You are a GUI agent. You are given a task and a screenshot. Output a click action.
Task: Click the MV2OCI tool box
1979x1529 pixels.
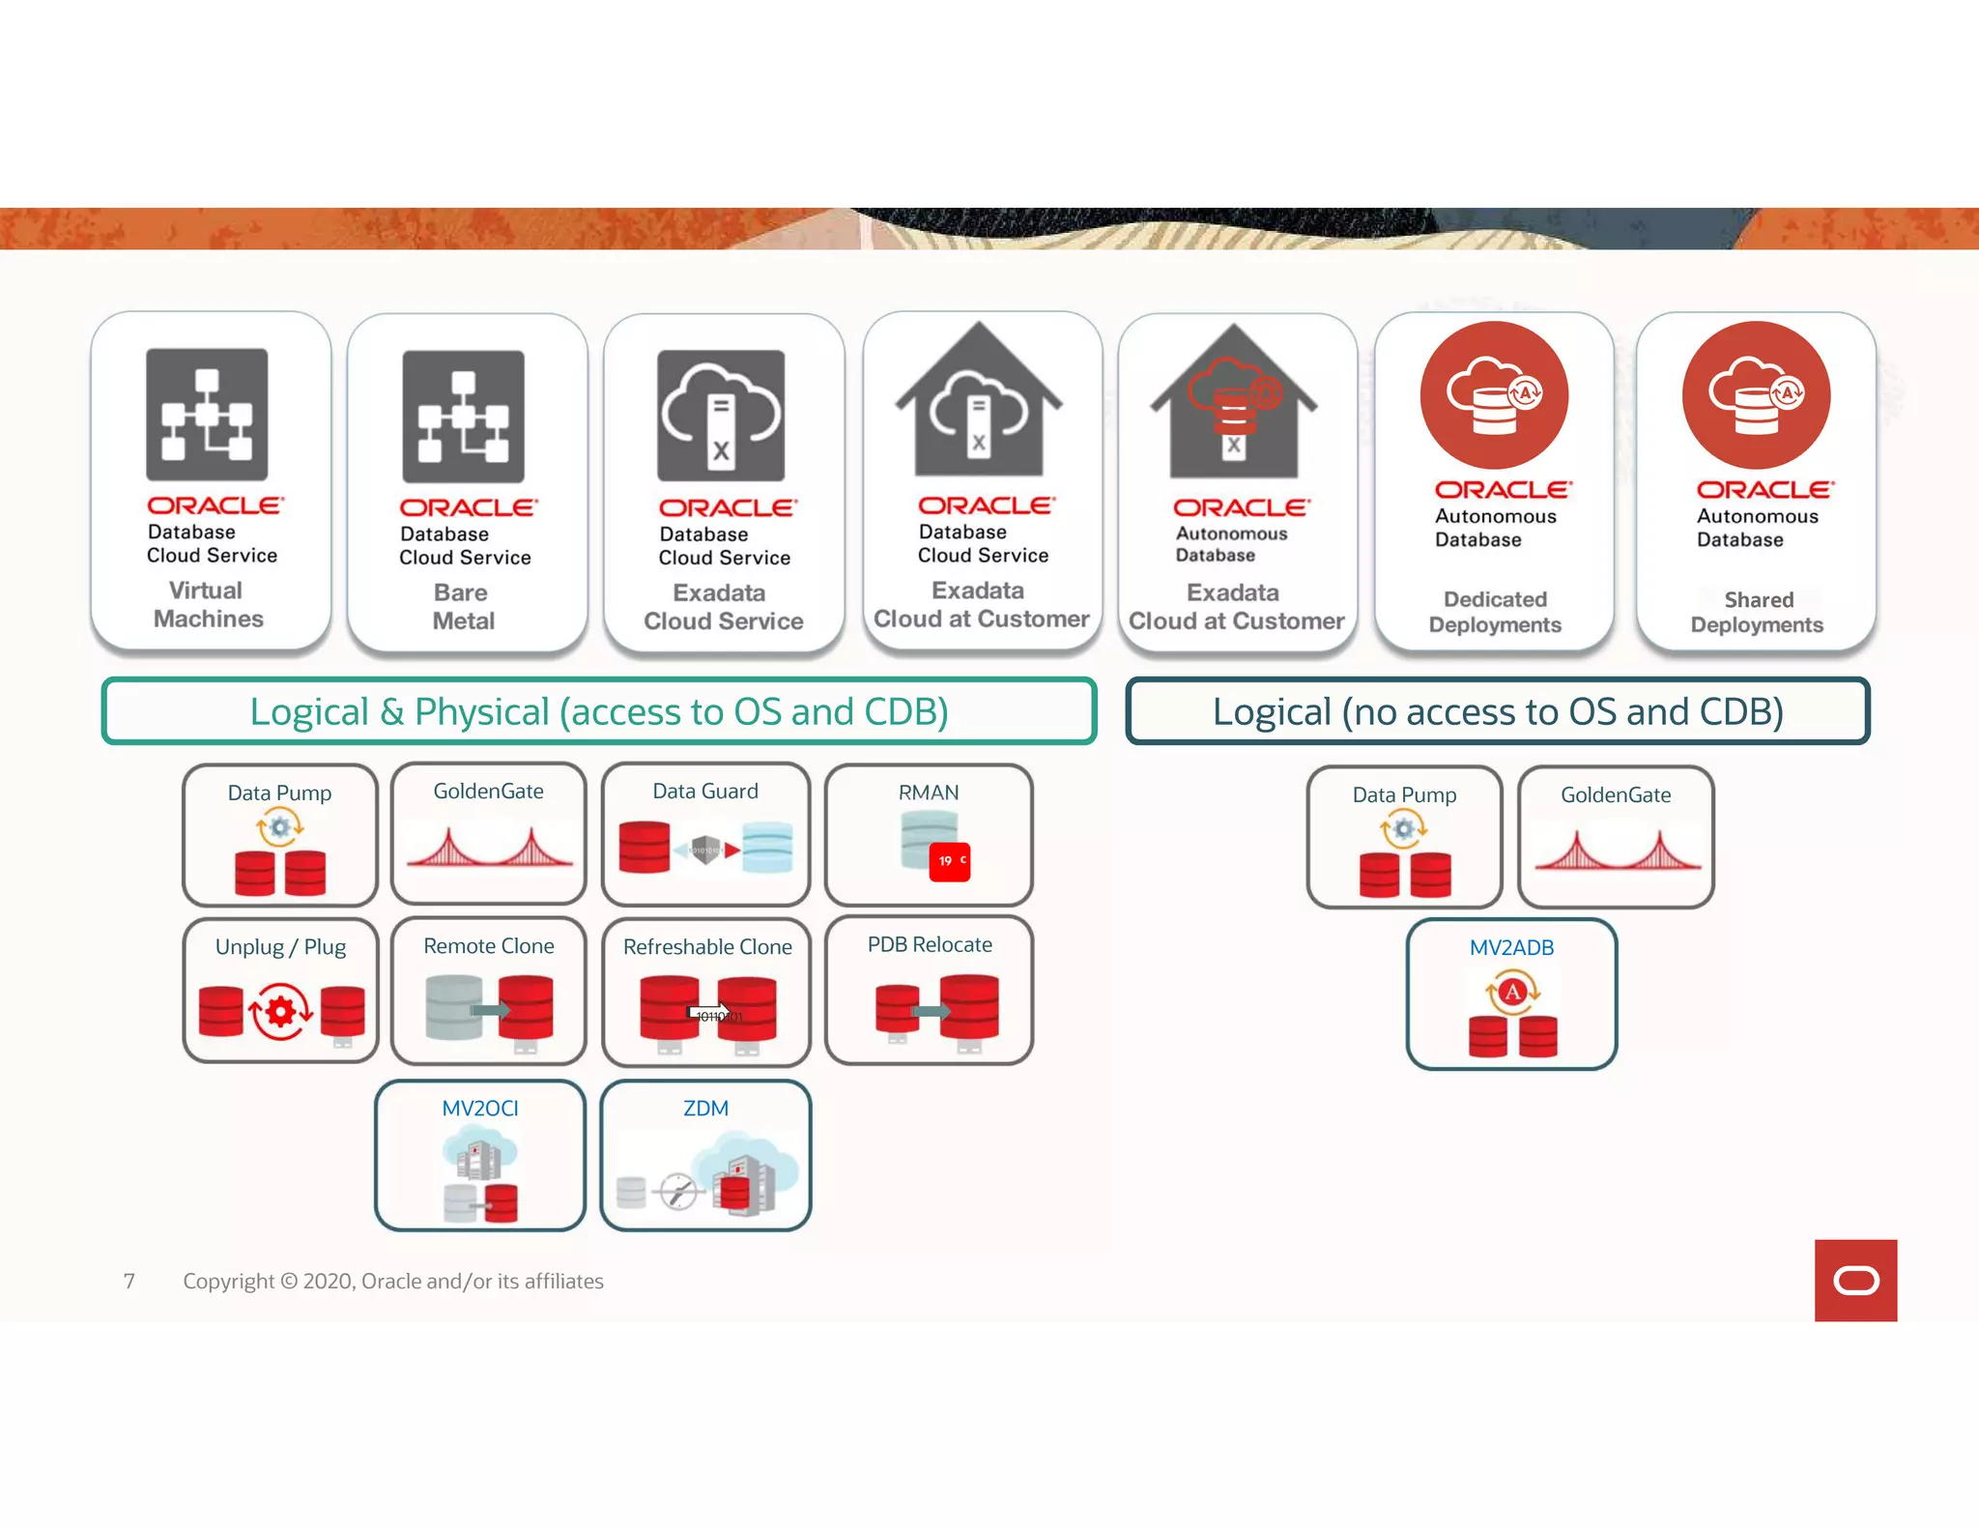480,1155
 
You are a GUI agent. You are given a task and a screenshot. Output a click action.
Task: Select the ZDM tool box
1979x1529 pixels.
705,1155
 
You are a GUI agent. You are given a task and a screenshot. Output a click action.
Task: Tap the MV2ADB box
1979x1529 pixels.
1511,995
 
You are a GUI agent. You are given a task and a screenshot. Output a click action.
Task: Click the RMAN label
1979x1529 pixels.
929,793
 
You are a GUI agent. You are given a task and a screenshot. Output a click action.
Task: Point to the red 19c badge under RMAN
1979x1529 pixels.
950,861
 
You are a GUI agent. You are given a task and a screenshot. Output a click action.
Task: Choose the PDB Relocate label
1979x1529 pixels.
930,944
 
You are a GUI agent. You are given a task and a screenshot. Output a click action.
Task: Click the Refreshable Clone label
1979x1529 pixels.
707,947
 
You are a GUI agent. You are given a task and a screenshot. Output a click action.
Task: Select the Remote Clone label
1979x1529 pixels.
489,946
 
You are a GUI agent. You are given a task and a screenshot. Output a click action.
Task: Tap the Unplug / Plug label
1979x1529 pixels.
280,947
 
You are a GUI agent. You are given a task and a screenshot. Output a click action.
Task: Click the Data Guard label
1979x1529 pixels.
705,792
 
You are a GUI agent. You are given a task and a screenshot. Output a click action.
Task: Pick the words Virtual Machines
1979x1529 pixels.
208,604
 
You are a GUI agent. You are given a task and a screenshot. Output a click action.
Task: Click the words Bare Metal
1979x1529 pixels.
463,607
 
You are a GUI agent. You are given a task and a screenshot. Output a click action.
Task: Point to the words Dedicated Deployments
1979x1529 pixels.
1495,612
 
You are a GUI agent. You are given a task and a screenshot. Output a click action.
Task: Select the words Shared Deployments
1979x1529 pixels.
1757,612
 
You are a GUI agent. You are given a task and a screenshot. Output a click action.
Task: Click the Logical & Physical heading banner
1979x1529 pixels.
599,711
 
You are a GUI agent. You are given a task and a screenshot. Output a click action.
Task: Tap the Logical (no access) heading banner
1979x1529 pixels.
1498,711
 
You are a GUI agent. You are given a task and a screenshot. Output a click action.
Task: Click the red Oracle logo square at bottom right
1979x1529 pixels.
1855,1281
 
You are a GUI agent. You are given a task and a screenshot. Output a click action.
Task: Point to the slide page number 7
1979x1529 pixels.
129,1282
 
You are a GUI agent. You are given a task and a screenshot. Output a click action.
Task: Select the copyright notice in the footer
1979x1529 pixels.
393,1282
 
